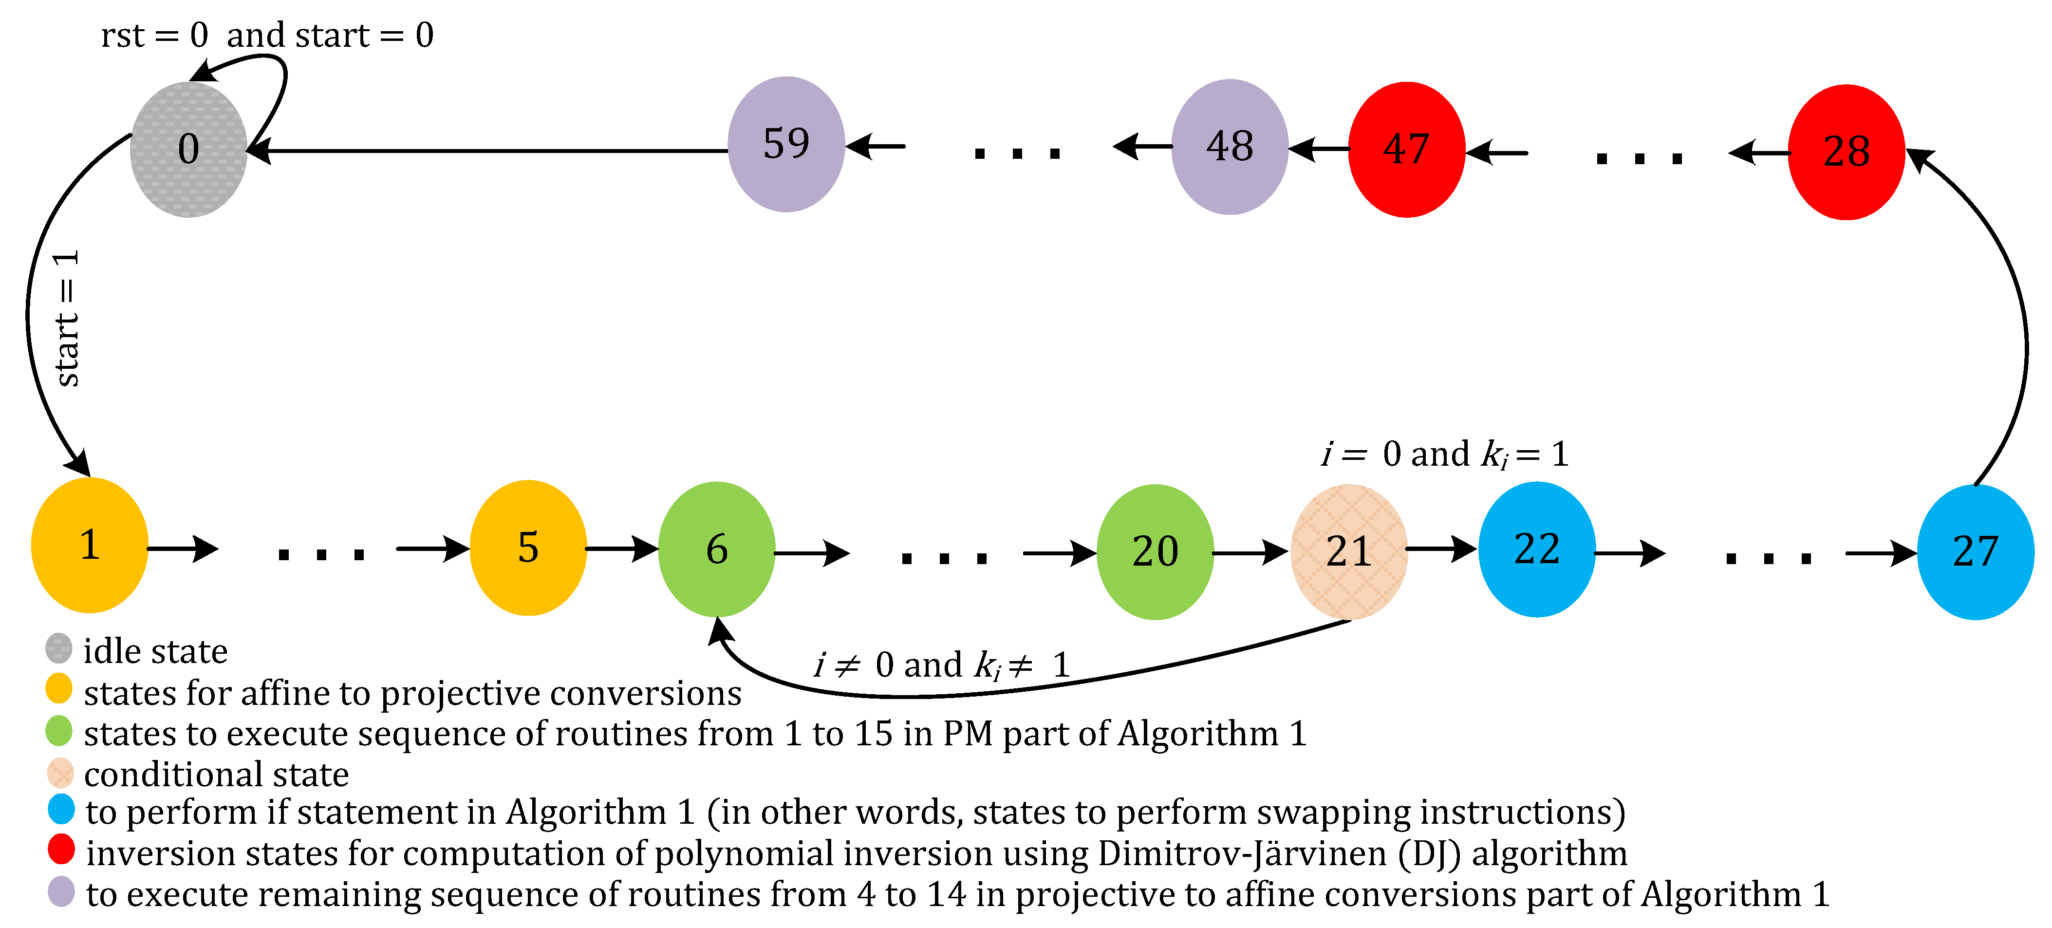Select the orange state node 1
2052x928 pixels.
click(x=89, y=546)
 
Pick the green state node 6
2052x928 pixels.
click(x=716, y=549)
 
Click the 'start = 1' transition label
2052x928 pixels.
click(x=67, y=319)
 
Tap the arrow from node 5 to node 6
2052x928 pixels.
click(x=621, y=548)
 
